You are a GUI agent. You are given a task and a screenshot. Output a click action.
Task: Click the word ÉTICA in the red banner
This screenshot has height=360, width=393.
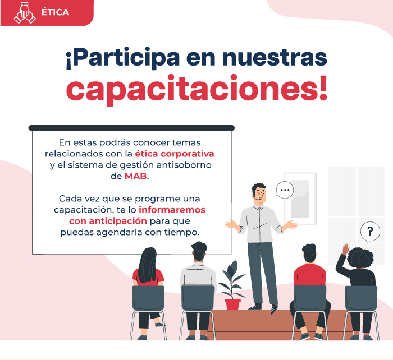(55, 12)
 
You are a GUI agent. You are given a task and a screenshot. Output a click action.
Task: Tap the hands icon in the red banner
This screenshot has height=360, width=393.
(25, 13)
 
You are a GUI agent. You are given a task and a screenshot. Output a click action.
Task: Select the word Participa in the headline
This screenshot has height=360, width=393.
(123, 58)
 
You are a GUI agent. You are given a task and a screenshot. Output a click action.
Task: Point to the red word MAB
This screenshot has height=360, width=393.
(136, 176)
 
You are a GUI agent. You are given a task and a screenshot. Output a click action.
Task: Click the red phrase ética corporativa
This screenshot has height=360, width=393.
(175, 154)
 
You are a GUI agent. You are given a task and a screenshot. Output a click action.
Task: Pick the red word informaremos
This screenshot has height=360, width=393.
(172, 210)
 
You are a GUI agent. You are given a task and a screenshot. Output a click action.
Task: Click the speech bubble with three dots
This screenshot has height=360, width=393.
(285, 190)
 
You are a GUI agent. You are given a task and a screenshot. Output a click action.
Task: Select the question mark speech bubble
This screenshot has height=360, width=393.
(370, 232)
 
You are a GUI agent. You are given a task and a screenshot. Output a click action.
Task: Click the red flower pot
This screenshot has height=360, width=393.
(232, 304)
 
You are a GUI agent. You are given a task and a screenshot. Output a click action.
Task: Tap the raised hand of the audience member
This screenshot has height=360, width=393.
(346, 249)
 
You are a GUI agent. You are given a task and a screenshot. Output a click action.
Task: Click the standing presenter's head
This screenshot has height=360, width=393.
(259, 193)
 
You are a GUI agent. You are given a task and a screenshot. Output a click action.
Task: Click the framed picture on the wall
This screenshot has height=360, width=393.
(300, 199)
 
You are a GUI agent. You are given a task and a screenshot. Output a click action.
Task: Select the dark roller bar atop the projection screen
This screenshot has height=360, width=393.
(131, 128)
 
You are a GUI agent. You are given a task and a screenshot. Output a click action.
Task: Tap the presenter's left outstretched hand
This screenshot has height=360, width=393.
(290, 224)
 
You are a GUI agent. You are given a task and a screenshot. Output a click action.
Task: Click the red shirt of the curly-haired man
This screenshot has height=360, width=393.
(310, 275)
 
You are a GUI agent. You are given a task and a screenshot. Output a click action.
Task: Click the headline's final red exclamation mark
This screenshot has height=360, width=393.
(323, 88)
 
